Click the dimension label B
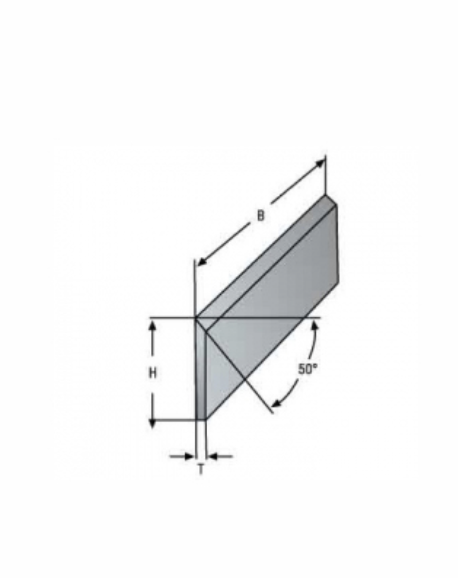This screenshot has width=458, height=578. click(261, 215)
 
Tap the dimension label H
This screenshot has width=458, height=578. click(152, 373)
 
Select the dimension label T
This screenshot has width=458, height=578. click(201, 470)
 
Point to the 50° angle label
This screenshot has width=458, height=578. click(308, 368)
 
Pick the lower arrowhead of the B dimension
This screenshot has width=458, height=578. click(201, 261)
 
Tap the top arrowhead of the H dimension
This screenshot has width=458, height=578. click(152, 325)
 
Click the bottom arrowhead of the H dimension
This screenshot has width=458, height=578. click(152, 424)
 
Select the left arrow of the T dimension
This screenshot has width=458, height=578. click(182, 456)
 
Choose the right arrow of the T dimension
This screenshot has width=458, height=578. click(220, 456)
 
